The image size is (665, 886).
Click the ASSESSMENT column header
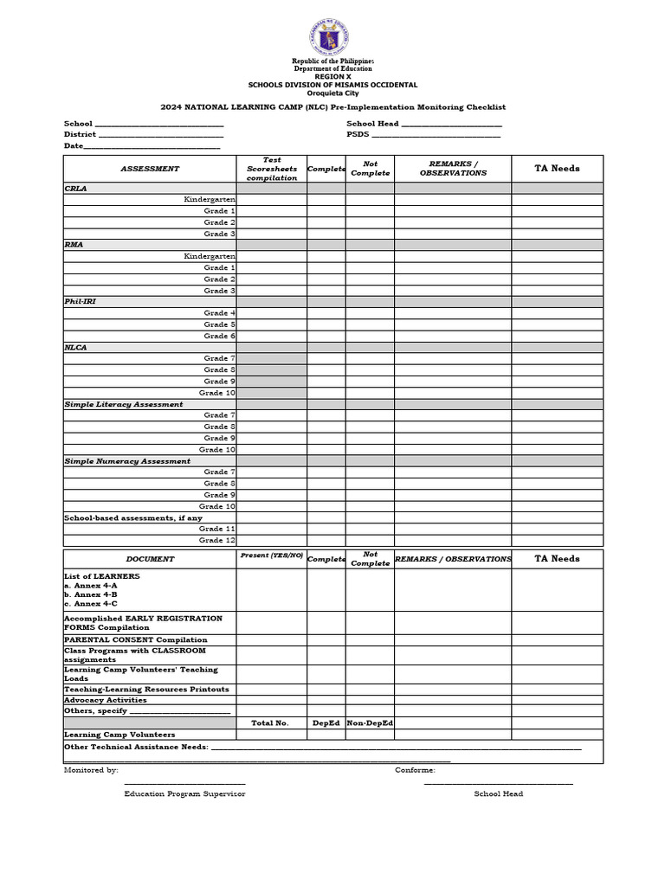150,169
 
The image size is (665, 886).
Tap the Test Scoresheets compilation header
272,169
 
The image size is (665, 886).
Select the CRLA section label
75,188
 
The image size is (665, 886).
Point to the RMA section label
74,245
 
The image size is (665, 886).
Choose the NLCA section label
76,347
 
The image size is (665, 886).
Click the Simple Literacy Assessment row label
124,404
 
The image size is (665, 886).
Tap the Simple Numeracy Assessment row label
127,461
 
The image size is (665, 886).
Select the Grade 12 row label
216,540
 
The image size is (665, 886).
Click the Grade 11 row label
216,529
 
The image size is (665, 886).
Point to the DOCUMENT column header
150,559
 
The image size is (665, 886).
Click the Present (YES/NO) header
272,555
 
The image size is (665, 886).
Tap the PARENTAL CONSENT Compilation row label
135,640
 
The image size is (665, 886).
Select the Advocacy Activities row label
106,700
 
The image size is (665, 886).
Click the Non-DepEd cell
370,722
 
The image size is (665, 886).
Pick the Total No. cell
270,722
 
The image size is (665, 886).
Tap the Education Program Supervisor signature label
184,793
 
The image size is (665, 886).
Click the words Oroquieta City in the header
332,93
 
